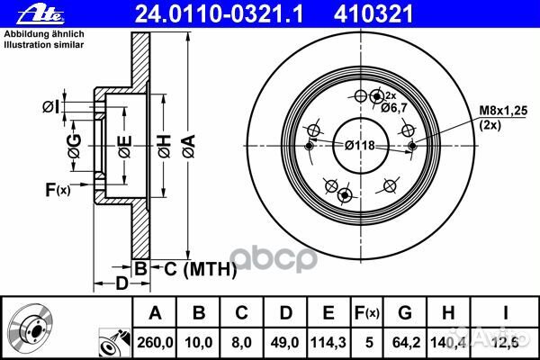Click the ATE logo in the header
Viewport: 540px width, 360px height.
tap(27, 12)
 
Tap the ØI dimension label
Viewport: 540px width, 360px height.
tap(51, 108)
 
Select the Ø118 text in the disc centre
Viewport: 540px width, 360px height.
tap(359, 145)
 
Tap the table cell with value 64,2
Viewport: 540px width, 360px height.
tap(404, 340)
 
